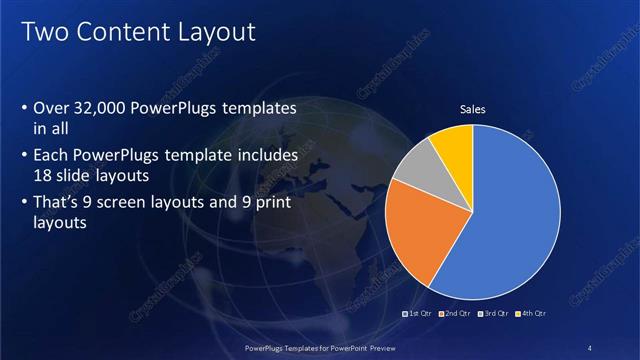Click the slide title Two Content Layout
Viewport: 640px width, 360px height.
click(x=138, y=32)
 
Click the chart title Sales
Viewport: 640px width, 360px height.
click(x=472, y=109)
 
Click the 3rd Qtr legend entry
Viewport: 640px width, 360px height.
click(x=493, y=314)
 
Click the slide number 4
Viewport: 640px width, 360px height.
click(x=590, y=347)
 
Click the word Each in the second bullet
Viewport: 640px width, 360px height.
click(x=51, y=156)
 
